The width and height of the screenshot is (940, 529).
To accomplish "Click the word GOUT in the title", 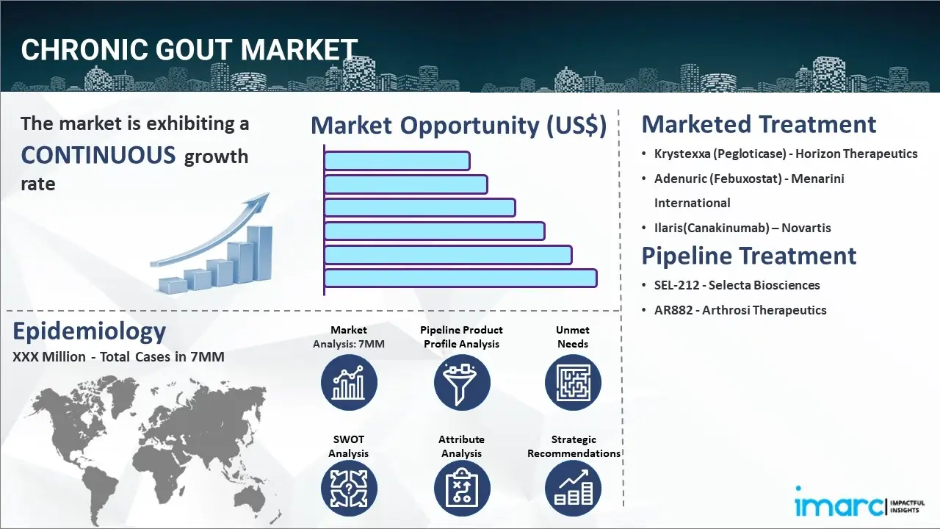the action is click(193, 49).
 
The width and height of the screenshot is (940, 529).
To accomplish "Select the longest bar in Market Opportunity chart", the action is click(460, 278).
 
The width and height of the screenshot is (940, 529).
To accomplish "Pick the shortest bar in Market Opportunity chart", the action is click(397, 161).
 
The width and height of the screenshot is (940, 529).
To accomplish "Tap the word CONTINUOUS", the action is click(98, 155).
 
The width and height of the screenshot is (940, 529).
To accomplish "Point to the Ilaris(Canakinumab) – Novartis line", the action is click(742, 228).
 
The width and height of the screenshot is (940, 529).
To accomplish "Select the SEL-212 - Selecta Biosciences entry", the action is click(737, 286).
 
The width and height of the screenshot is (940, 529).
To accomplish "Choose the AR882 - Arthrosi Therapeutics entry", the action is click(740, 310).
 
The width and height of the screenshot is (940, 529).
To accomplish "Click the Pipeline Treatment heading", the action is click(748, 256).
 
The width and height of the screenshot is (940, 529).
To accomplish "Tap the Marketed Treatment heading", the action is click(759, 124).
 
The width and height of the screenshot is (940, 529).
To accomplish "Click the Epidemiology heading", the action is click(90, 331).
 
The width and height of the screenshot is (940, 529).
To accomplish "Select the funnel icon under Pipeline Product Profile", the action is click(462, 383).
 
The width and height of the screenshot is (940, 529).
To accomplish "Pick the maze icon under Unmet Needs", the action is click(573, 383).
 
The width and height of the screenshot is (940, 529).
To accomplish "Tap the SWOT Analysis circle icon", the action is click(349, 489).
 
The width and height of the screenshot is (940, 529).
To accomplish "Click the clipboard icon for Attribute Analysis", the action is click(462, 489).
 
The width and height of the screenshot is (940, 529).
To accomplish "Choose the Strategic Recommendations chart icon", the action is click(573, 489).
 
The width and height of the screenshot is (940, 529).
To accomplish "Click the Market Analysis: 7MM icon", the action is click(349, 383).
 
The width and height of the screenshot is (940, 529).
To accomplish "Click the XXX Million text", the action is click(49, 357).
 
